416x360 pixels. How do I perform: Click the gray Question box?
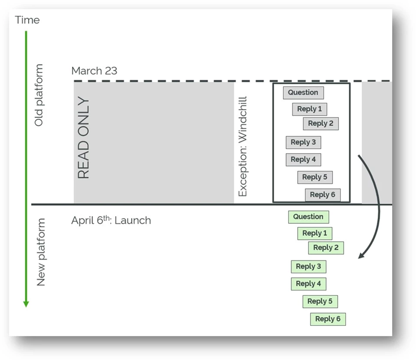[303, 92]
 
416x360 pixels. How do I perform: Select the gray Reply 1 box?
[309, 109]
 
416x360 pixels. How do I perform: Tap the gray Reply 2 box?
[321, 124]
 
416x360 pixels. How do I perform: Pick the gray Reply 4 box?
[303, 160]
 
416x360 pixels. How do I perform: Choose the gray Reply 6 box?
[322, 195]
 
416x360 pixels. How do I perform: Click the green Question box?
[308, 217]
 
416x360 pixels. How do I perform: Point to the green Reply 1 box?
[314, 233]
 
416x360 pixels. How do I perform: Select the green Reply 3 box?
[308, 267]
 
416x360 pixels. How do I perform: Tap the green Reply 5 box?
[320, 301]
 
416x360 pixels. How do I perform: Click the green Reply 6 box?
[328, 319]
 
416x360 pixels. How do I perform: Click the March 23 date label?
[94, 71]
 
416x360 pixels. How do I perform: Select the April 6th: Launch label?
[111, 220]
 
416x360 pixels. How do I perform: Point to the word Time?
[27, 20]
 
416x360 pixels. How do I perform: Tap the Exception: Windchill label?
[242, 146]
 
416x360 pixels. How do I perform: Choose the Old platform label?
[39, 95]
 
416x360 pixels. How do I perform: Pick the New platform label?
[40, 252]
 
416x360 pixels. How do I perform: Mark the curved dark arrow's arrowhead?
[360, 256]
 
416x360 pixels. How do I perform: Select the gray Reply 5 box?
[315, 177]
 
